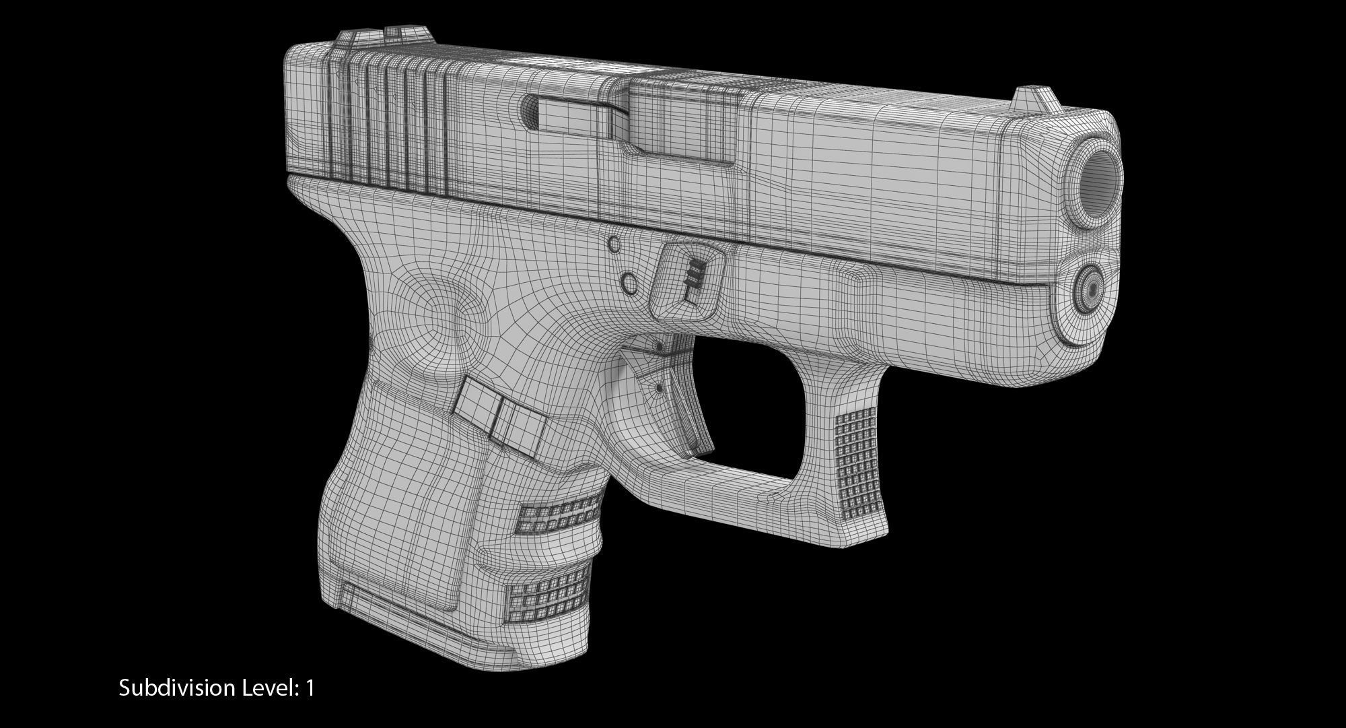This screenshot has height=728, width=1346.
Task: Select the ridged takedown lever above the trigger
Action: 690,277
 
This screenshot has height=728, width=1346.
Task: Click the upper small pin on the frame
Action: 614,245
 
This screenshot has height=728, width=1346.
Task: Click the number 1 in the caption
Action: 310,688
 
